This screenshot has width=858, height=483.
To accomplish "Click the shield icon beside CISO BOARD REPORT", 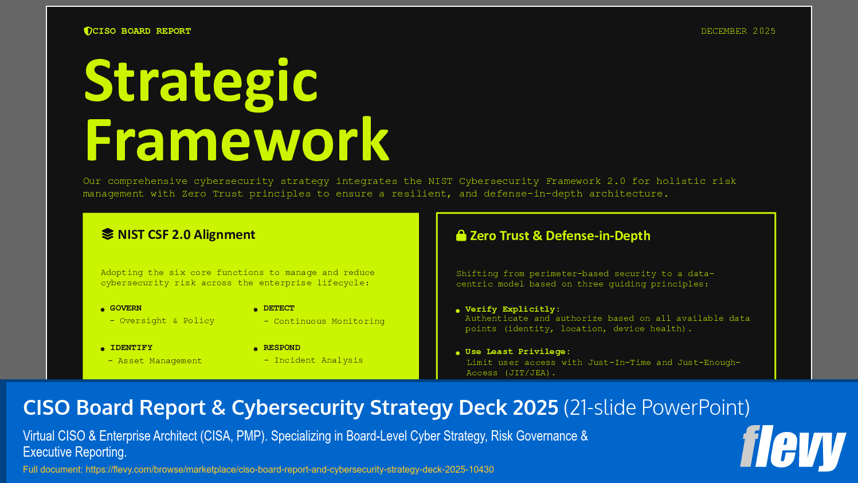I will tap(88, 31).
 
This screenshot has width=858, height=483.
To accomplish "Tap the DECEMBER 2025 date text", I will tap(738, 31).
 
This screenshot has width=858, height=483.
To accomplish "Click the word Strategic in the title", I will tap(201, 81).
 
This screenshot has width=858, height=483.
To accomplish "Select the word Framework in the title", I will tap(237, 140).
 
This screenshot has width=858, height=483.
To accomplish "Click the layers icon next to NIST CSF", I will tap(107, 234).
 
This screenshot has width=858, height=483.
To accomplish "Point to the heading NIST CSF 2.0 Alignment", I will tap(186, 234).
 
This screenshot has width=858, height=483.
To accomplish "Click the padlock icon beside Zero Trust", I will tap(461, 235).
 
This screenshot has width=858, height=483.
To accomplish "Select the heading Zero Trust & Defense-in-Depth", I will tap(560, 235).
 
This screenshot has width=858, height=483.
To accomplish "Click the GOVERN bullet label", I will tap(126, 308).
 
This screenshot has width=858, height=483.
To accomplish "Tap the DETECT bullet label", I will tap(279, 308).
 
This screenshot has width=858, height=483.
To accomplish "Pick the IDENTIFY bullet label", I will tap(131, 348).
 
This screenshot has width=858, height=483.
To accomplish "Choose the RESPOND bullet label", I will tap(281, 348).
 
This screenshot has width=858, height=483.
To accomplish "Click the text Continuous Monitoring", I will tap(329, 321).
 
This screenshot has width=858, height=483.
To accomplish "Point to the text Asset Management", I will tap(159, 361).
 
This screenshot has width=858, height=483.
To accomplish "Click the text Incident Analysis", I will tap(318, 360).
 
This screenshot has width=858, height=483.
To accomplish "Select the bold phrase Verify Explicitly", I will tap(510, 309).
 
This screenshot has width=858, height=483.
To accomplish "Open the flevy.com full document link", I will tap(289, 470).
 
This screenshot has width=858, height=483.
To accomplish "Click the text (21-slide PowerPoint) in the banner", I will tap(656, 408).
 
